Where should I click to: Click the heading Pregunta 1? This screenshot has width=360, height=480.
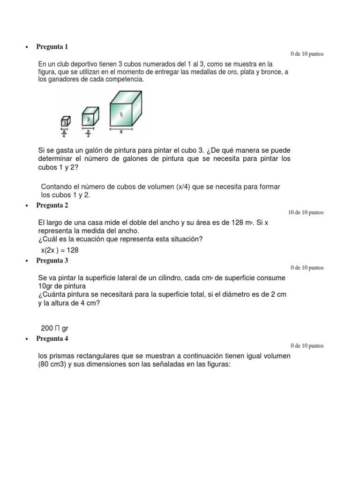click(x=52, y=46)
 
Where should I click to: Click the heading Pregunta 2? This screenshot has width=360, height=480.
click(x=52, y=205)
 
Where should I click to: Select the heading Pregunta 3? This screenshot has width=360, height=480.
click(x=52, y=260)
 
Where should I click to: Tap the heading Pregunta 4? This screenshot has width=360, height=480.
click(x=52, y=338)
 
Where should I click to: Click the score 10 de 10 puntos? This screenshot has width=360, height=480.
click(x=306, y=212)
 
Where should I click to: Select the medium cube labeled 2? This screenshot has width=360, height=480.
click(x=90, y=118)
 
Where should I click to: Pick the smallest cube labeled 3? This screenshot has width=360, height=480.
click(x=66, y=121)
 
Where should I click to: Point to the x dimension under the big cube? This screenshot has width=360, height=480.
click(x=121, y=132)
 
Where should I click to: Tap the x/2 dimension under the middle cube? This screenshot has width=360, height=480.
click(x=88, y=134)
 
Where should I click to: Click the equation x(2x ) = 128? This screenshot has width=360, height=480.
click(x=60, y=250)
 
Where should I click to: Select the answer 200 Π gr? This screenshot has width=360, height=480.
click(x=55, y=329)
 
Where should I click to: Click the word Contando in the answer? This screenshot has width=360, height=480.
click(x=57, y=187)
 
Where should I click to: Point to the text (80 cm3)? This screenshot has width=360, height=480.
click(x=55, y=365)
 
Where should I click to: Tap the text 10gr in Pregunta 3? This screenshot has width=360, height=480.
click(x=46, y=286)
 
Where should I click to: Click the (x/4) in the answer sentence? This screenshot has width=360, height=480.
click(x=182, y=187)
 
